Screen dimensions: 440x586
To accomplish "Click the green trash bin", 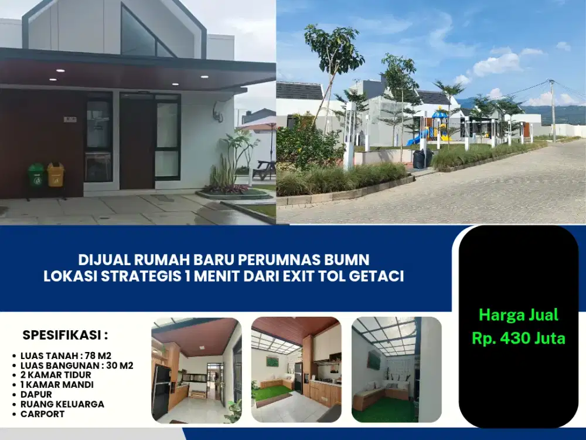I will [36, 175].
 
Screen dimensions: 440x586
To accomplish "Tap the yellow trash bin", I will [56, 175].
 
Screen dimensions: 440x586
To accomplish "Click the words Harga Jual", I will [519, 315].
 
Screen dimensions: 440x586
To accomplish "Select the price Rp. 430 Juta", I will [519, 339].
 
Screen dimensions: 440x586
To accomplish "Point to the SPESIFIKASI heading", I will [65, 336].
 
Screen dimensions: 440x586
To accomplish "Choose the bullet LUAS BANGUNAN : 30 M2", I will [77, 365].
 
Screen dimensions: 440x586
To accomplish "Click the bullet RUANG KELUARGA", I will [62, 404].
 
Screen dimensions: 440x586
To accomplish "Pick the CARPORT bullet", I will [42, 414].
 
